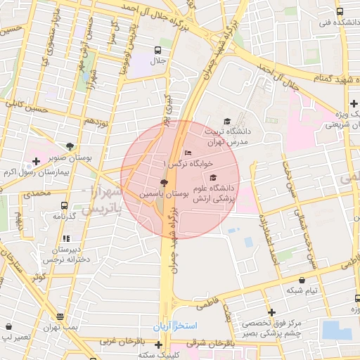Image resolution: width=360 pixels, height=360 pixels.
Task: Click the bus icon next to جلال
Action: pyautogui.click(x=157, y=51)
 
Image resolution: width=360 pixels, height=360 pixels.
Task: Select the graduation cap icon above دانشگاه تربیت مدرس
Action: pyautogui.click(x=226, y=121)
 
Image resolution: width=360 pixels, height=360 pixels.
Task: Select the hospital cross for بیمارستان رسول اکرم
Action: pyautogui.click(x=37, y=162)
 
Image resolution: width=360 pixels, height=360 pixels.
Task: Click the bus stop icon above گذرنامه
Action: pyautogui.click(x=65, y=206)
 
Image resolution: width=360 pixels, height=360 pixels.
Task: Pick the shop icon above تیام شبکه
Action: pyautogui.click(x=302, y=280)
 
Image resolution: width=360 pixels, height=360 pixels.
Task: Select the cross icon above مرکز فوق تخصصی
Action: pyautogui.click(x=271, y=312)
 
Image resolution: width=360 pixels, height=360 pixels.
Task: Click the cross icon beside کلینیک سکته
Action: pyautogui.click(x=159, y=345)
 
